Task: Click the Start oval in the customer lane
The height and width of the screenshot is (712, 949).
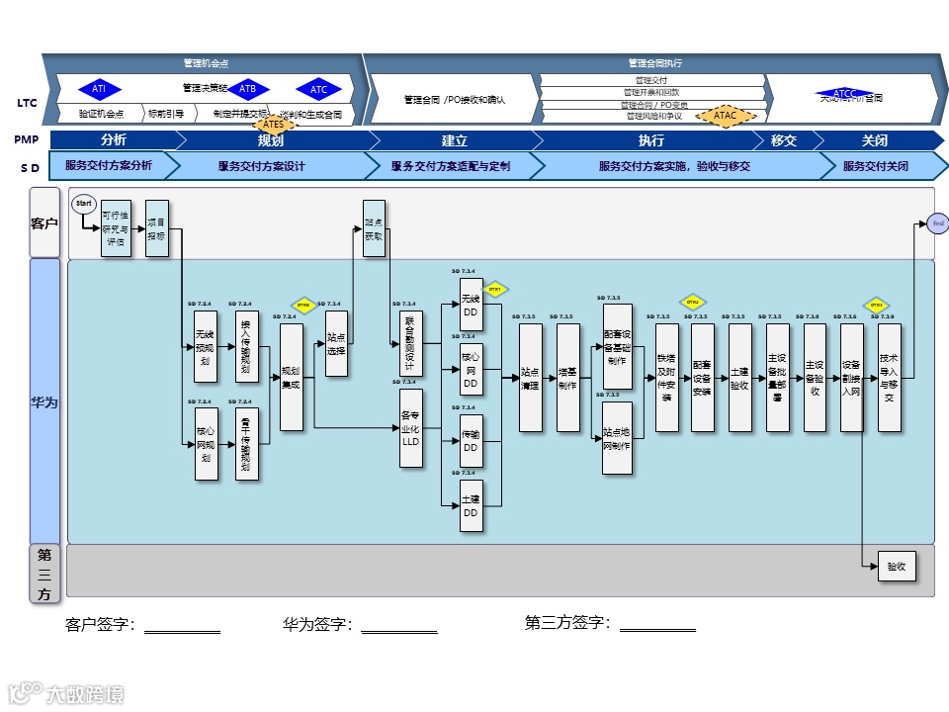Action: click(84, 204)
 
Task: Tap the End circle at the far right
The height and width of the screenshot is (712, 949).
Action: click(938, 224)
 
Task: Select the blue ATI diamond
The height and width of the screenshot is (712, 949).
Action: click(99, 90)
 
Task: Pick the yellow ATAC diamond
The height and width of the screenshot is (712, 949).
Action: click(726, 116)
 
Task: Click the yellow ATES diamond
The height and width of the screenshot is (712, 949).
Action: click(274, 125)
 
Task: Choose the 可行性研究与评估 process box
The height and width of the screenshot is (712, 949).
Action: click(116, 228)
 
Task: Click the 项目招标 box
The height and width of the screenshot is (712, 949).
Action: click(157, 228)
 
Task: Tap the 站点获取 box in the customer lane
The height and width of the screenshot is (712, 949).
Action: click(374, 228)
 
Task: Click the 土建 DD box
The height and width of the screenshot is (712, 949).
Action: click(472, 505)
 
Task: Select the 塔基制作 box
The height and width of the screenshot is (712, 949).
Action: click(568, 378)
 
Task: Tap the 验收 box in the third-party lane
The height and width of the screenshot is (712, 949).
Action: click(896, 567)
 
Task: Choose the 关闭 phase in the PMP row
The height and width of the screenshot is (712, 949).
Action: click(875, 140)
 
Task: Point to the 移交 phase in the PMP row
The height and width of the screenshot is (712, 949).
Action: click(784, 140)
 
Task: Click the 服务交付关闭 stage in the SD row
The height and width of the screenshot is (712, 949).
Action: click(876, 166)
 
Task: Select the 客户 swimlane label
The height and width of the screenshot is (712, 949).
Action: click(44, 223)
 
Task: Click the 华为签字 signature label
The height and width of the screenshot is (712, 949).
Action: click(318, 624)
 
